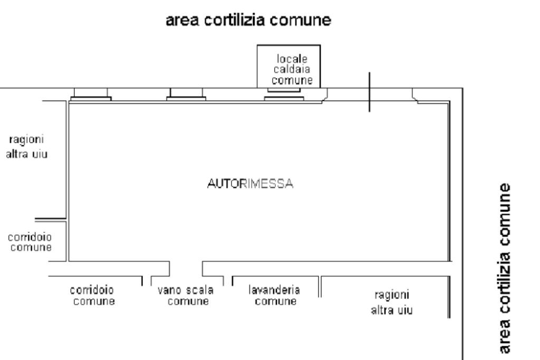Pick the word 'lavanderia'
coord(274,290)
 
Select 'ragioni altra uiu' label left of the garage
coord(28,148)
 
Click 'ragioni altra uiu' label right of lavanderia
coord(391,302)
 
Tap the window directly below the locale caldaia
coord(285,97)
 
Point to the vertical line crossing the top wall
coord(369,92)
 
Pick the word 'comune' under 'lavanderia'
coord(274,301)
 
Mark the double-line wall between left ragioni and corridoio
coord(51,219)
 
